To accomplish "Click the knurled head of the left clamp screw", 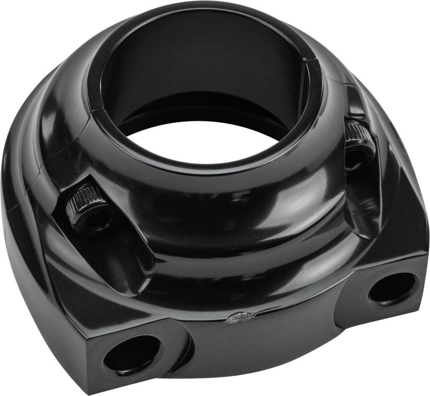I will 84,197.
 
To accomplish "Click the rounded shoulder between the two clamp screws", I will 235,210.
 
